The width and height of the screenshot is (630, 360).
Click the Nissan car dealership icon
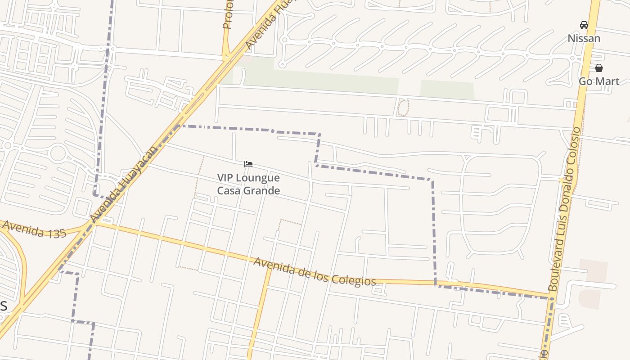click(584, 25)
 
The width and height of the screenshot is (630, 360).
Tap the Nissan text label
click(584, 38)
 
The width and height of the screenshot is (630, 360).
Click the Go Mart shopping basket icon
click(599, 68)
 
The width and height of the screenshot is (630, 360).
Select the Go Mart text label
click(598, 81)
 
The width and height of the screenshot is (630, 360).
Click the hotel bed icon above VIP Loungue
click(248, 164)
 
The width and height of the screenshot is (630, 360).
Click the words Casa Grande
click(248, 190)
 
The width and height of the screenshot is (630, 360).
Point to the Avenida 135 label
click(34, 229)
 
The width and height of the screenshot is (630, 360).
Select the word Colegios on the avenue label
click(353, 279)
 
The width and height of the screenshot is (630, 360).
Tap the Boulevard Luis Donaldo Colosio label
click(564, 209)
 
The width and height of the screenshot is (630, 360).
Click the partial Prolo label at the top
click(228, 14)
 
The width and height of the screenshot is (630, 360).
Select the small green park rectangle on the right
click(447, 90)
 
